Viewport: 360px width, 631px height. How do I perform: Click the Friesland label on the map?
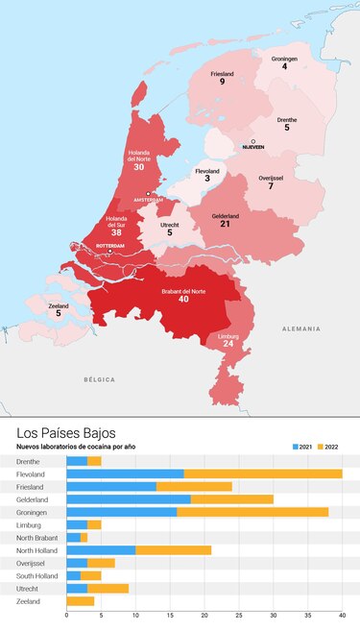222,73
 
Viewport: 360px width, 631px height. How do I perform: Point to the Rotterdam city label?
111,246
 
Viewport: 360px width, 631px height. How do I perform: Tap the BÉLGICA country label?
99,380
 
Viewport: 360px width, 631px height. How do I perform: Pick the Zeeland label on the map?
58,306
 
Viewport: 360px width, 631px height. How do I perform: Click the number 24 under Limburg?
228,344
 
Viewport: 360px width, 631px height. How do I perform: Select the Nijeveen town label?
252,147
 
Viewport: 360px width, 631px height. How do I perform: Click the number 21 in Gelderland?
225,223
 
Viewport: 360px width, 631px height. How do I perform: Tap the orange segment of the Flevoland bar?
262,473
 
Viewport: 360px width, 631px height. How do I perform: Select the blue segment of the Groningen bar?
121,512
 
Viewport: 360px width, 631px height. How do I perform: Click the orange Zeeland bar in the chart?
80,601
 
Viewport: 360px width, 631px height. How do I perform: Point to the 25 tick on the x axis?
238,615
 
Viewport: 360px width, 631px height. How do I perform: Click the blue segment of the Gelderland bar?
128,499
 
